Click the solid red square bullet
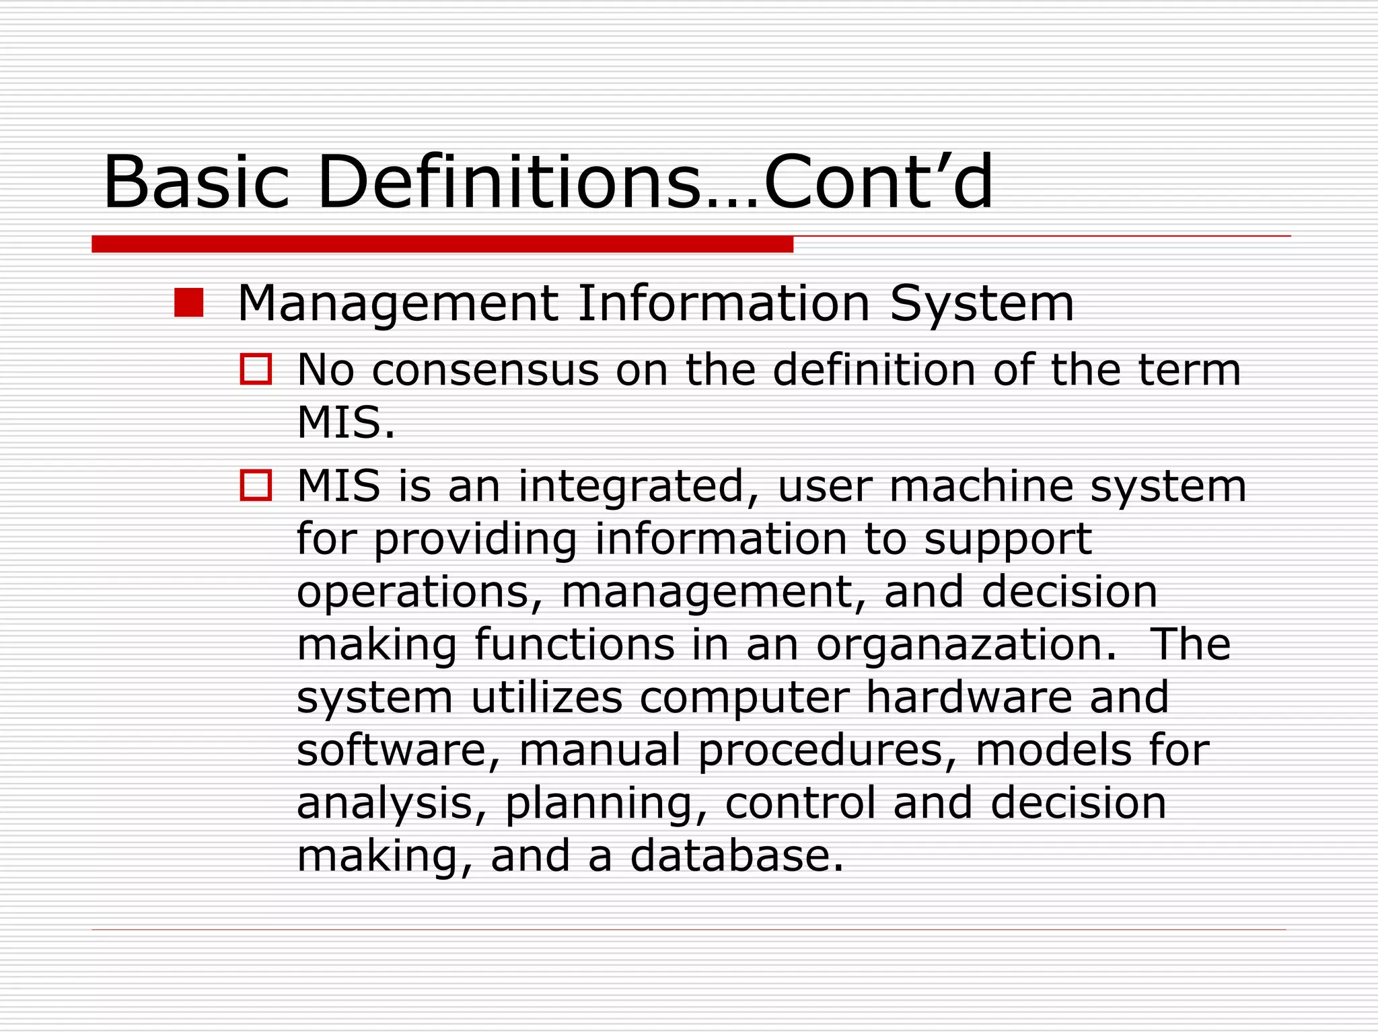click(188, 303)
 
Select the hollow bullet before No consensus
click(256, 369)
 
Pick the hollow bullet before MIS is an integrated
click(256, 485)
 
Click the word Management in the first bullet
click(398, 304)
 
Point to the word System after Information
click(982, 304)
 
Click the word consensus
click(485, 371)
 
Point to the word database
click(736, 855)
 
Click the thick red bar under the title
click(442, 243)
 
